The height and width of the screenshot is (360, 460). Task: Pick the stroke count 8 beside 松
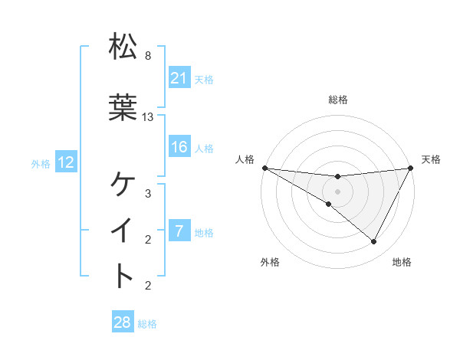pos(147,56)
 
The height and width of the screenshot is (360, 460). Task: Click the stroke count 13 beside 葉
pos(148,117)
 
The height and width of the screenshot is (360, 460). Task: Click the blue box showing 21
pos(179,78)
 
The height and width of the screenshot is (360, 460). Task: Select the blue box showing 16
pos(179,147)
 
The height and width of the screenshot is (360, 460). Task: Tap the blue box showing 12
pos(65,162)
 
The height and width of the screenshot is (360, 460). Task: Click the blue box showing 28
pos(122,322)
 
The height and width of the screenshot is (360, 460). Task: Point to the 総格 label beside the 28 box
pos(147,324)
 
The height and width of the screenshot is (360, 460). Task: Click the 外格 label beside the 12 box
pos(41,163)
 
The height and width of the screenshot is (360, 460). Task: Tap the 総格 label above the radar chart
pos(338,100)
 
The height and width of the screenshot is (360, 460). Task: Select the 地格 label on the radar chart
pos(402,262)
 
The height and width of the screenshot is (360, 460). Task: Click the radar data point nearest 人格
pos(264,168)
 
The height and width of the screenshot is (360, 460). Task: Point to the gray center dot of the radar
pos(337,191)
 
